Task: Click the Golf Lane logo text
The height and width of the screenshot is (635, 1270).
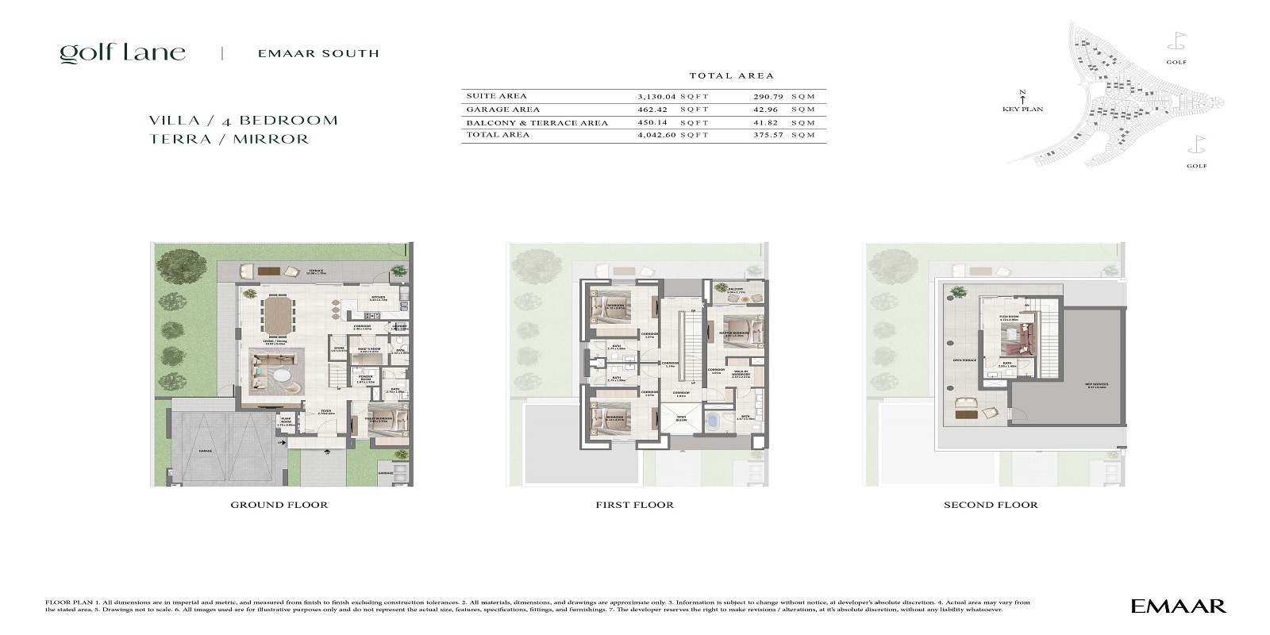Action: coord(122,53)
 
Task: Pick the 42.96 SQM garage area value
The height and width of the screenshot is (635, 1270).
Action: coord(768,110)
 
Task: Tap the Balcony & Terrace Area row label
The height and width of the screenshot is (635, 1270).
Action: coord(537,123)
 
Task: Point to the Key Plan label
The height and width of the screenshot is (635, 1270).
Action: coord(1022,110)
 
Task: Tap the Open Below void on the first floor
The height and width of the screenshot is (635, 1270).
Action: coord(681,418)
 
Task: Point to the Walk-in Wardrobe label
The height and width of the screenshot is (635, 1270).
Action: coord(740,373)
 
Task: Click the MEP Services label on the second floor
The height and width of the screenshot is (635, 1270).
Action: coord(1096,385)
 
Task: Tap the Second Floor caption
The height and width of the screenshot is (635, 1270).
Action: coord(990,505)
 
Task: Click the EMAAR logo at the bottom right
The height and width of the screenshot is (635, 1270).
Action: coord(1178,606)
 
